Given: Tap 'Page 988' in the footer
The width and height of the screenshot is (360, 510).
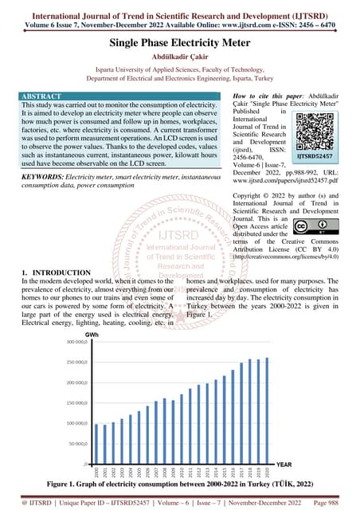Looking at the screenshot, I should [x=331, y=502].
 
